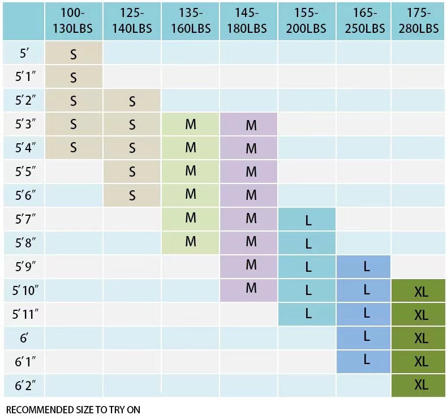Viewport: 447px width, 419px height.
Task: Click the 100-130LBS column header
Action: pos(74,21)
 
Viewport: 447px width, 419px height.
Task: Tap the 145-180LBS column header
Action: pos(248,21)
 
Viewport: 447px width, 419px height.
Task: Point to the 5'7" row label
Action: pos(24,220)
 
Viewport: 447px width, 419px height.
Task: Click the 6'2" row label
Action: pos(24,386)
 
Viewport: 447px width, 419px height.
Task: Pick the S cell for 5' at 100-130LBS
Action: pos(74,54)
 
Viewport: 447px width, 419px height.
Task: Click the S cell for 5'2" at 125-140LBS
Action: pos(132,101)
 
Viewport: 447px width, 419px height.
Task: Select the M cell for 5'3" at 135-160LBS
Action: pos(191,125)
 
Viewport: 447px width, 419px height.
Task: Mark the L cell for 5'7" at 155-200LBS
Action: pos(308,220)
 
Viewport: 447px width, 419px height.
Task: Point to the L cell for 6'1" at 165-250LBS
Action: pos(367,360)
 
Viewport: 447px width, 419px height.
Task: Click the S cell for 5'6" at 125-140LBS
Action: pos(132,196)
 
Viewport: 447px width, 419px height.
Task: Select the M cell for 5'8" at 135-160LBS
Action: pos(191,242)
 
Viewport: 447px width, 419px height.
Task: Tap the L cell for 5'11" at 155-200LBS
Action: pos(308,313)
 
